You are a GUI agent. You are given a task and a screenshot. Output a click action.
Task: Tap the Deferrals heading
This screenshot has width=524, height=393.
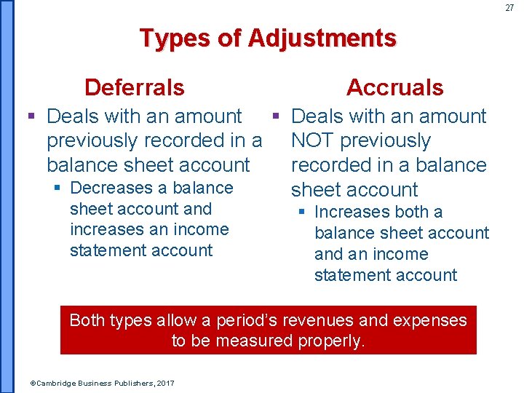click(135, 87)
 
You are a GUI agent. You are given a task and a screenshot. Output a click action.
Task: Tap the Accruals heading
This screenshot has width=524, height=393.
click(394, 87)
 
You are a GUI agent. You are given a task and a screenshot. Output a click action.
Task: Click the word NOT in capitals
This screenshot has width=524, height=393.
click(313, 140)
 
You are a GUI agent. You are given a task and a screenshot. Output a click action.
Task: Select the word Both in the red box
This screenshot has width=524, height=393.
click(88, 320)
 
